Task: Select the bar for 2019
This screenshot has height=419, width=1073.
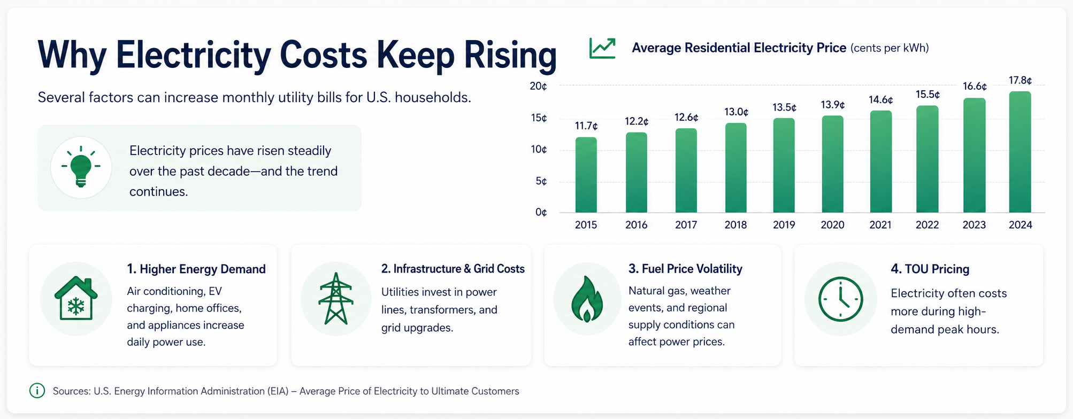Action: point(784,165)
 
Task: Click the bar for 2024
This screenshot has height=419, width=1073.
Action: point(1020,152)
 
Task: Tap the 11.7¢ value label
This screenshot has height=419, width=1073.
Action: point(586,126)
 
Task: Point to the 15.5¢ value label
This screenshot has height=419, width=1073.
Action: point(928,95)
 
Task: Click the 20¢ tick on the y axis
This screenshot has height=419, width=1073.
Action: point(538,86)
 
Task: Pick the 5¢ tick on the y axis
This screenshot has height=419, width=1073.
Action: point(541,182)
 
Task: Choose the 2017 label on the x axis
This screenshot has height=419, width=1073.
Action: point(686,225)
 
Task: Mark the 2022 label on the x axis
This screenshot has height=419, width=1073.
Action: point(927,225)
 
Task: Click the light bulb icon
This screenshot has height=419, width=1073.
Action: point(81,166)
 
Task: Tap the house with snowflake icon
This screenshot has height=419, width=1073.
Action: point(76,298)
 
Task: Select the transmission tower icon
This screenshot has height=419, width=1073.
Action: point(335,298)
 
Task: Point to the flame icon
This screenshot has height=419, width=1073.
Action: point(587,299)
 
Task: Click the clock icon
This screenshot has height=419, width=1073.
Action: point(840,299)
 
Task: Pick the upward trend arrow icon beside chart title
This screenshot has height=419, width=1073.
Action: point(602,48)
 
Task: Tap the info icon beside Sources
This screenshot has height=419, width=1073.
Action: point(37,391)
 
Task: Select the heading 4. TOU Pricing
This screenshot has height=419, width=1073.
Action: point(930,269)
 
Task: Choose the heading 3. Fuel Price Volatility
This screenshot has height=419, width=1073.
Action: point(685,269)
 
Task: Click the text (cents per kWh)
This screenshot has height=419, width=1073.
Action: point(890,48)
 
